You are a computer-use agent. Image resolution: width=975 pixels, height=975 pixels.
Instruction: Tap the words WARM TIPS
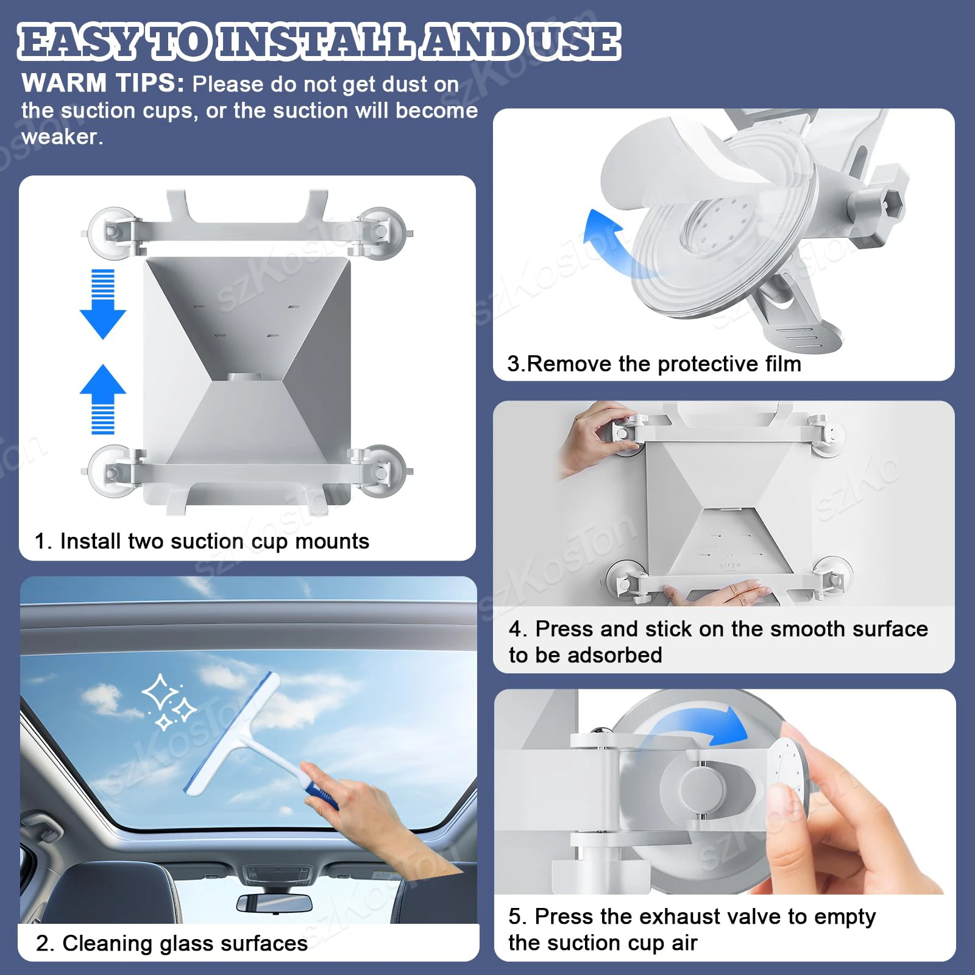click(103, 83)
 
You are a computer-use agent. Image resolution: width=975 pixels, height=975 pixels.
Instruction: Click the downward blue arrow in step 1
click(103, 303)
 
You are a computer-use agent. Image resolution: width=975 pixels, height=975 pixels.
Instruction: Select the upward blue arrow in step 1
click(103, 399)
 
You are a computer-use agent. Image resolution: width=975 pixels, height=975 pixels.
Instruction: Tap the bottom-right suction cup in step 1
click(383, 470)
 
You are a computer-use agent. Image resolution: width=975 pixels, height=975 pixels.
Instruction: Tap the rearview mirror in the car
click(274, 903)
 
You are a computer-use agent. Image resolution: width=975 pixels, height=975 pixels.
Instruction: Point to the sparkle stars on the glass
click(168, 701)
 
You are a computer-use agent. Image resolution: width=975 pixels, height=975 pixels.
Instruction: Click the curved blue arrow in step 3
click(612, 244)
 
